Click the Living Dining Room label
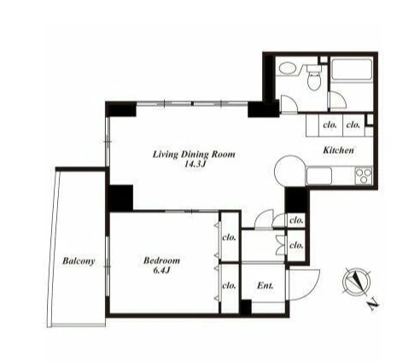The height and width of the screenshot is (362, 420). pos(194,155)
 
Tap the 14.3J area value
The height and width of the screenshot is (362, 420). pos(195,164)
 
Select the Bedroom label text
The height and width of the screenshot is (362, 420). pos(161,260)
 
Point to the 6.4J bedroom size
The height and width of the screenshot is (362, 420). pos(161,270)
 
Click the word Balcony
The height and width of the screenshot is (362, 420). pos(79,261)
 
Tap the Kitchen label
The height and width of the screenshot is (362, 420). pos(338,150)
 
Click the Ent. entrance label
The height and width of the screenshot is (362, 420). pos(265,285)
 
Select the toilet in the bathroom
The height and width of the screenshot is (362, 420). pos(314,78)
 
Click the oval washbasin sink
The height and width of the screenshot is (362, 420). pos(288,68)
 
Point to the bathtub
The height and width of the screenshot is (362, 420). pos(352,70)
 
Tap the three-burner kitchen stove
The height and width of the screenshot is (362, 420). pos(364,176)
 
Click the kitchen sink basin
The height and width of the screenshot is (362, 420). pos(319,176)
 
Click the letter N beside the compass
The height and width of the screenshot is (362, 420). pos(373,305)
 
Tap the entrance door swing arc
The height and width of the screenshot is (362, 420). pos(310,289)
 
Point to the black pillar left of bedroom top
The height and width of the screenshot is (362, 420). pos(120,198)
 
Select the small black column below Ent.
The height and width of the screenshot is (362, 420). pos(246,307)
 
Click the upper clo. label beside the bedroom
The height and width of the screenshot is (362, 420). pos(230,237)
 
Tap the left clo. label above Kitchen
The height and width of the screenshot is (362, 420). pos(330,125)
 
